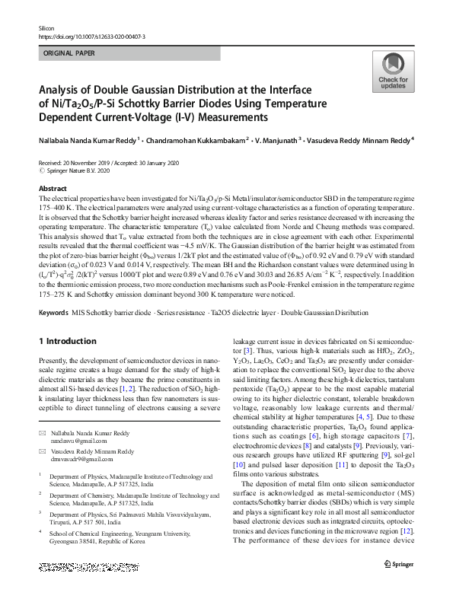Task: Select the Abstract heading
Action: (x=53, y=188)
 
